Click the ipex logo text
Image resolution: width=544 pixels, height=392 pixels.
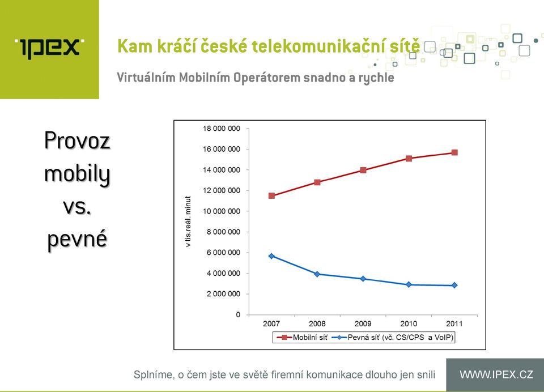(x=49, y=48)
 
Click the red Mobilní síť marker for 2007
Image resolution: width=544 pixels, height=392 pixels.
(x=271, y=195)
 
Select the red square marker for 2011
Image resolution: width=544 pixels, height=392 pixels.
(x=454, y=152)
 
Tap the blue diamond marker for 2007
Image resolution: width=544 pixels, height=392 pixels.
(x=271, y=256)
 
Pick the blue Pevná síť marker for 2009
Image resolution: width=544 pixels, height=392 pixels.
(x=363, y=279)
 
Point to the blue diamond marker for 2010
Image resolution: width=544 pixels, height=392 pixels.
(x=409, y=284)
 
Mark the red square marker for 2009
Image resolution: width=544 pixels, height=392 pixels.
(x=363, y=170)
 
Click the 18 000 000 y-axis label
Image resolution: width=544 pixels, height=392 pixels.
(x=222, y=129)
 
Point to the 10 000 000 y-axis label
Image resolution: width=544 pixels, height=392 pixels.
(x=222, y=211)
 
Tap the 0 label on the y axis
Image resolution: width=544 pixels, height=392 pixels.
(x=238, y=314)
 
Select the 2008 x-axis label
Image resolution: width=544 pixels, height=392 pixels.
(x=317, y=323)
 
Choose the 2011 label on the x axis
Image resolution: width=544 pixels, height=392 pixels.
(x=454, y=323)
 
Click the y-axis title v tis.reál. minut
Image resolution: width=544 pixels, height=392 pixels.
(x=188, y=221)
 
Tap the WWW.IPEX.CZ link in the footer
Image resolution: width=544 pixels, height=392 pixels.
(x=496, y=374)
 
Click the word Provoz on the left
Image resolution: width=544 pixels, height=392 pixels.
(x=77, y=140)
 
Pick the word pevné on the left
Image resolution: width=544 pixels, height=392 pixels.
(x=77, y=239)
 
